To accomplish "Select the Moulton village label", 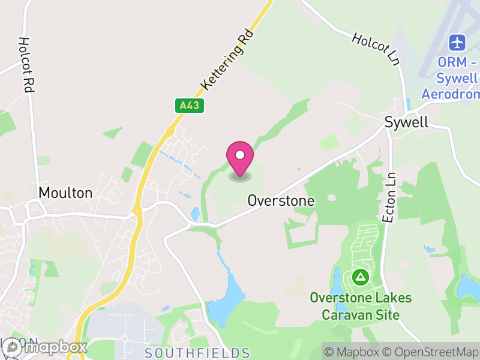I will (x=65, y=193).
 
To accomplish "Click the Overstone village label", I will (x=281, y=200).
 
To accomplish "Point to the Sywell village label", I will (x=406, y=122).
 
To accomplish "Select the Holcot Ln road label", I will (x=376, y=49).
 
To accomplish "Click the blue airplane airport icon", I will (x=458, y=43).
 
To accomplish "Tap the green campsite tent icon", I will (x=360, y=277).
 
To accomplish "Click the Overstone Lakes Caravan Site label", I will (x=361, y=306).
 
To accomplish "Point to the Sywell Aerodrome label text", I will (x=450, y=78).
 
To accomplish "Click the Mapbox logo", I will (x=45, y=347).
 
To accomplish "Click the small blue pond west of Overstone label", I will (x=195, y=213).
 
